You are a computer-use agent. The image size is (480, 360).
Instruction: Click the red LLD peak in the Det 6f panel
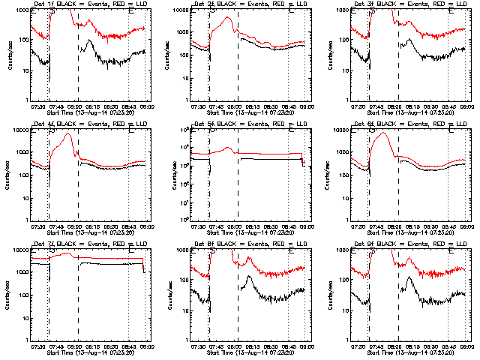(x=384, y=133)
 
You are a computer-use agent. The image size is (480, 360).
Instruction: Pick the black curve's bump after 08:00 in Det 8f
(x=249, y=277)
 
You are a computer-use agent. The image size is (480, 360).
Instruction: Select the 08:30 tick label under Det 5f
(x=270, y=226)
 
